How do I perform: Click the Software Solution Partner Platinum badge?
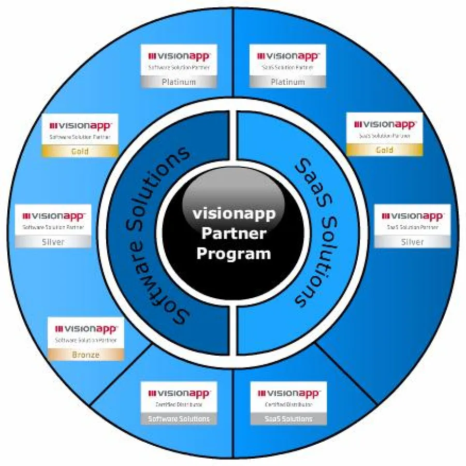click(x=179, y=66)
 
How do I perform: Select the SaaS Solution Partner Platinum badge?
click(x=288, y=66)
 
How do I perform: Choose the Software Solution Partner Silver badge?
click(x=53, y=226)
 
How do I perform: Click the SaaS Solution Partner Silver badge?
click(x=412, y=226)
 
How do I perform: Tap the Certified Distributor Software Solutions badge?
click(x=179, y=403)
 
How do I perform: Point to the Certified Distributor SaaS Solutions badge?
click(x=288, y=403)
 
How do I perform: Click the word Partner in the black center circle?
click(x=234, y=234)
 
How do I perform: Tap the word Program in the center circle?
click(x=234, y=254)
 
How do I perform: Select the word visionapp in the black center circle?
click(x=234, y=213)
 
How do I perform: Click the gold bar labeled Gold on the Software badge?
click(x=80, y=151)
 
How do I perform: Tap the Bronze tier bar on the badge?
click(x=86, y=355)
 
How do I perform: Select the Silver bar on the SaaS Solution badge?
click(x=412, y=242)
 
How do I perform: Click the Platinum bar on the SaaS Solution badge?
click(x=288, y=82)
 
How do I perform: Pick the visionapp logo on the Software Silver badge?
click(x=53, y=215)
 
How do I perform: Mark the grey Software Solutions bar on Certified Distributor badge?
click(x=179, y=418)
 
